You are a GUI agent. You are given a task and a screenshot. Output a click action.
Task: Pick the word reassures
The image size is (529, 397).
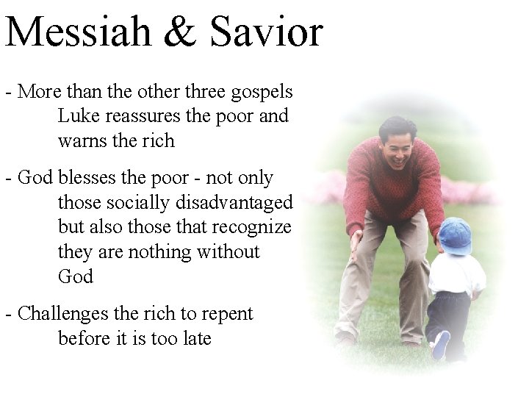[x=143, y=116]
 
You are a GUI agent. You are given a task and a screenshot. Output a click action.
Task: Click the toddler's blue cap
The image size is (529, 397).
[x=455, y=236]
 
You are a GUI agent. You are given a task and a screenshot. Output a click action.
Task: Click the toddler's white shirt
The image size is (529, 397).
[x=455, y=274]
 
